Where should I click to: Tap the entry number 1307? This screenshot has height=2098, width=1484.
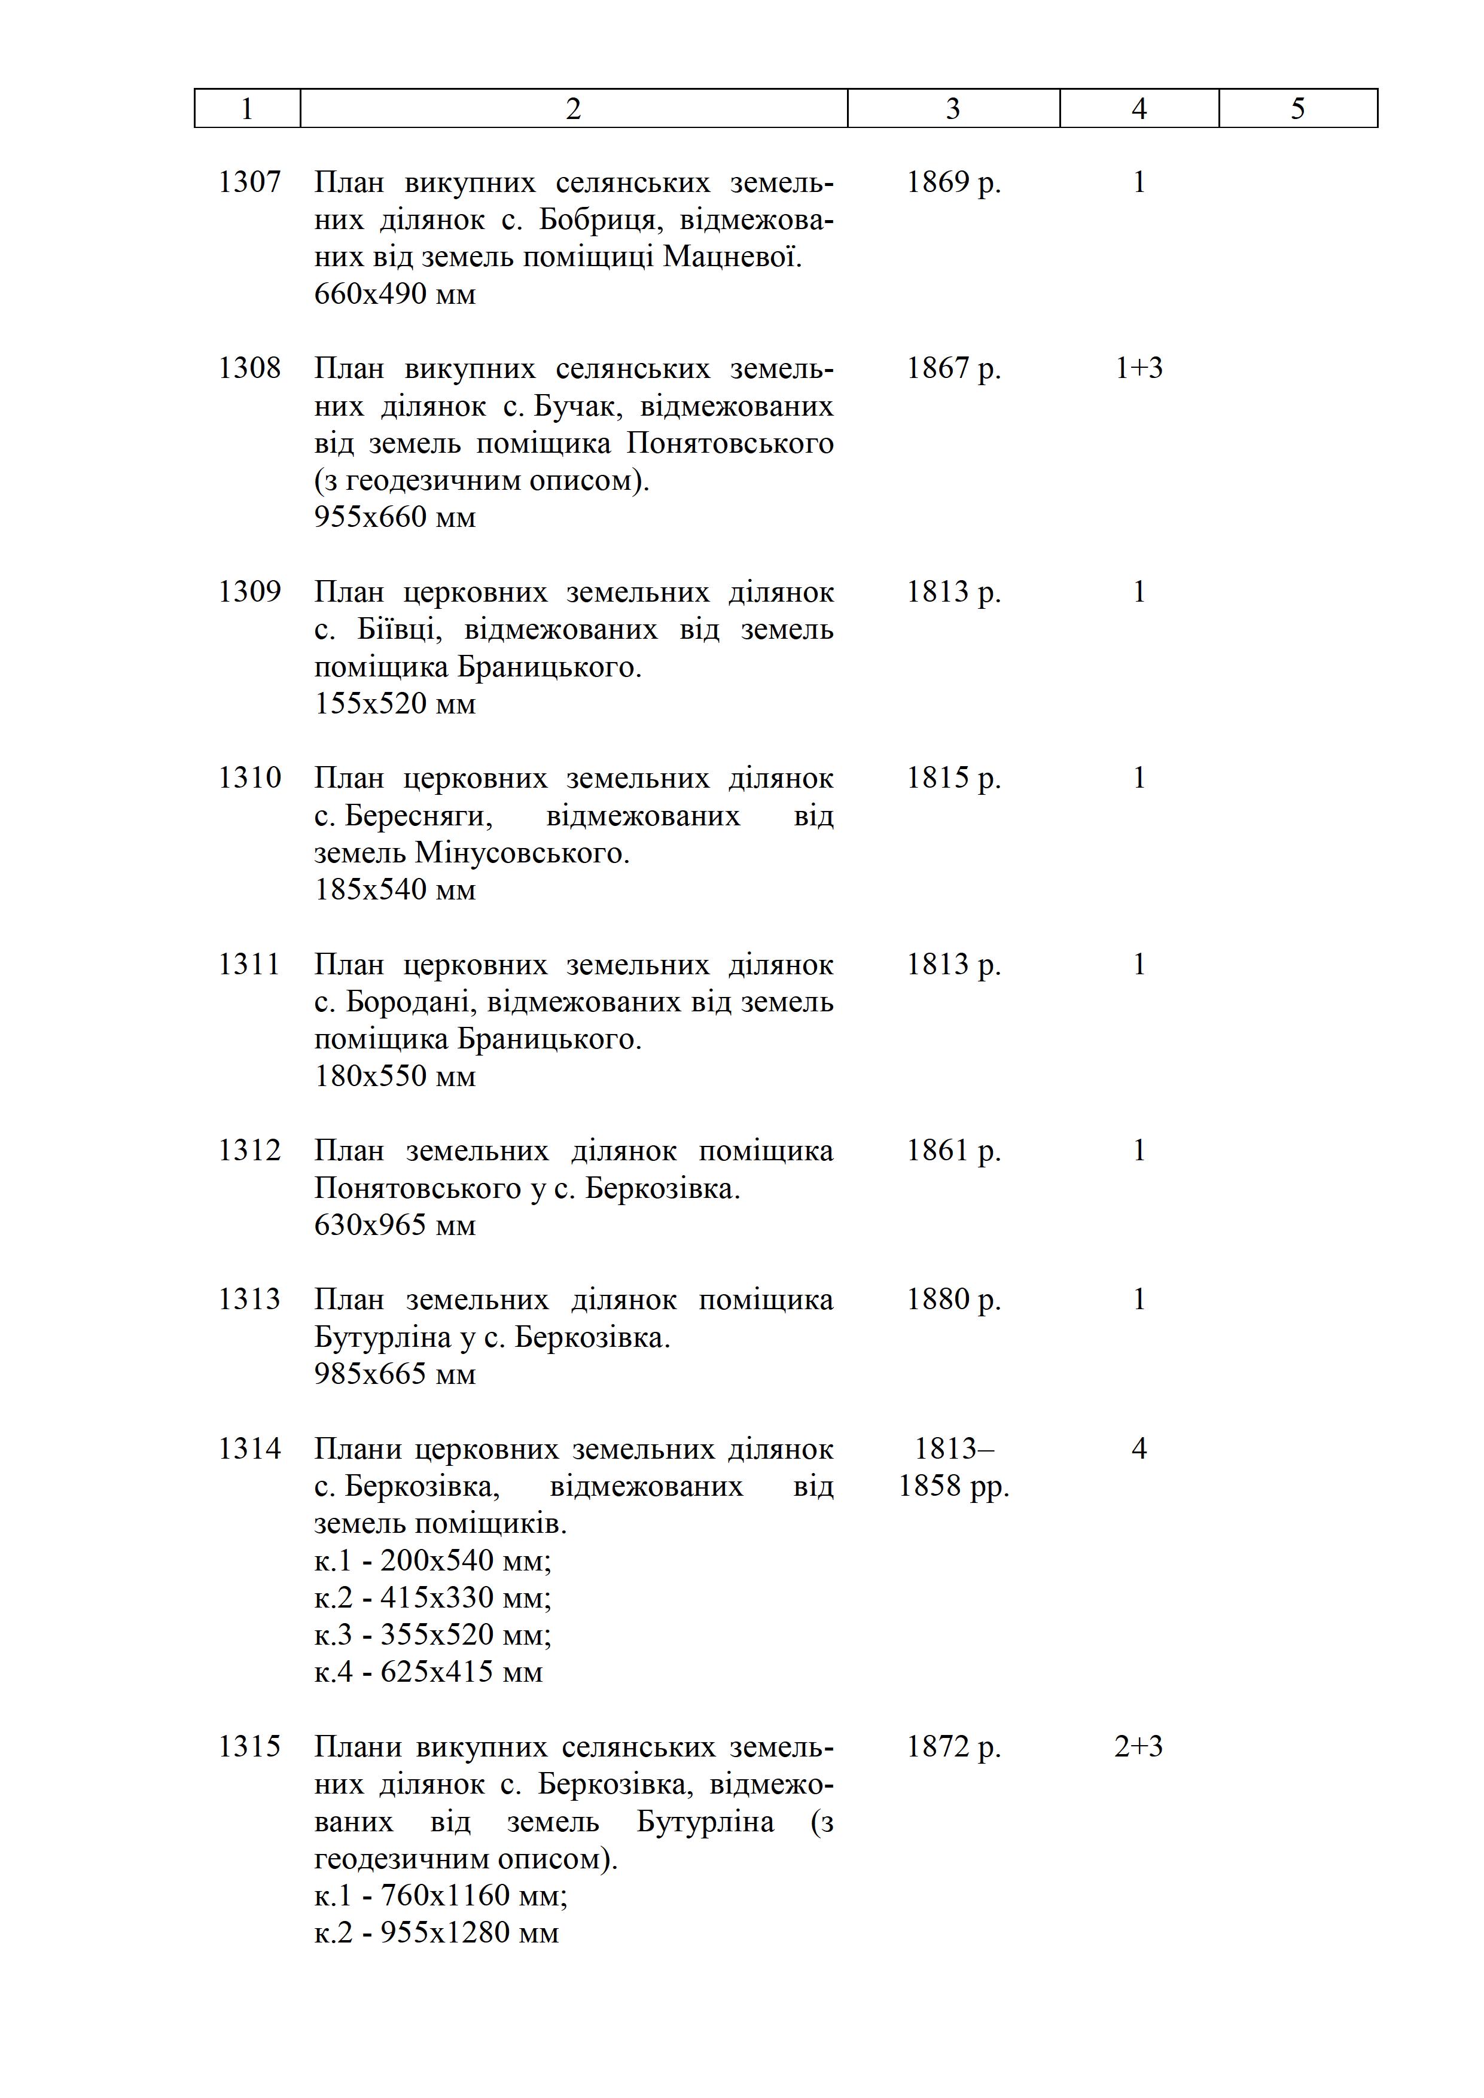(x=249, y=183)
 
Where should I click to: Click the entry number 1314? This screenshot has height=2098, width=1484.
(x=249, y=1449)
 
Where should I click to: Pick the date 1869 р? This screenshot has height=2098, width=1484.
(x=953, y=183)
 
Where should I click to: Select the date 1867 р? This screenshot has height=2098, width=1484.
(x=953, y=368)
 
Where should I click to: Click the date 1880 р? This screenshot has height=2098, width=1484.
(x=953, y=1300)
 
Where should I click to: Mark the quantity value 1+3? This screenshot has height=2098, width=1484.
(x=1139, y=368)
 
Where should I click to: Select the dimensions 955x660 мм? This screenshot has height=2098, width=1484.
(x=395, y=517)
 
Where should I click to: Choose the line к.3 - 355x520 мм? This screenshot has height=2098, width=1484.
(x=432, y=1635)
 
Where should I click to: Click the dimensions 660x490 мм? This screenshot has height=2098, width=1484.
(x=395, y=294)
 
